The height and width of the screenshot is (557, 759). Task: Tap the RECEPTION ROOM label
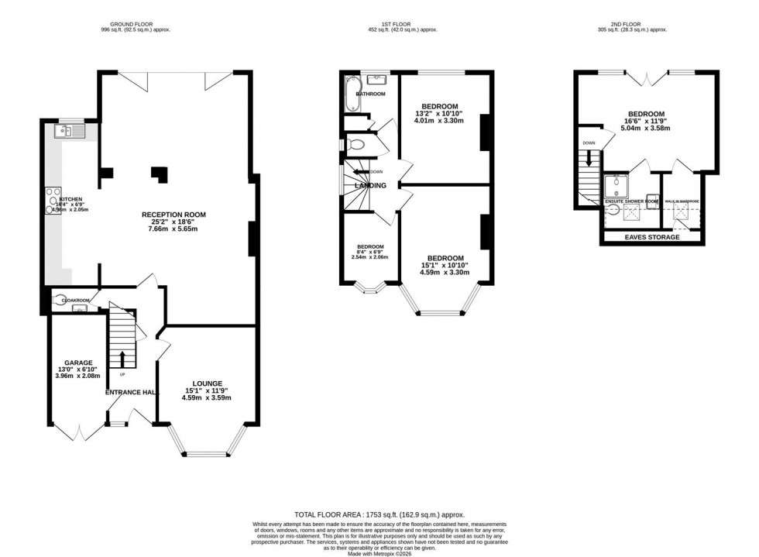tap(173, 215)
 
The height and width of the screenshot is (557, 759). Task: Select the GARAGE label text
tap(79, 363)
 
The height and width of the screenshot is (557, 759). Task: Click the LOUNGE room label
tap(208, 383)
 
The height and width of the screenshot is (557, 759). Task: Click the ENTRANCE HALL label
tap(132, 393)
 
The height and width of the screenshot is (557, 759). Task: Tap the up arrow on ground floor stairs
tap(122, 359)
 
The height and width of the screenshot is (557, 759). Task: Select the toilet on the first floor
tap(356, 144)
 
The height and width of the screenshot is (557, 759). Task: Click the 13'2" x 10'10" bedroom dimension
tap(440, 114)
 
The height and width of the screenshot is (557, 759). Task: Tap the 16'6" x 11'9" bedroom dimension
tap(646, 122)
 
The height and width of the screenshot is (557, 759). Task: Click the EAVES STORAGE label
tap(652, 237)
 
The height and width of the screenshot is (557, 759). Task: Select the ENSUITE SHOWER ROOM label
tap(630, 201)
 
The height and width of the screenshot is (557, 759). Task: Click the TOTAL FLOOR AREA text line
tap(379, 514)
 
